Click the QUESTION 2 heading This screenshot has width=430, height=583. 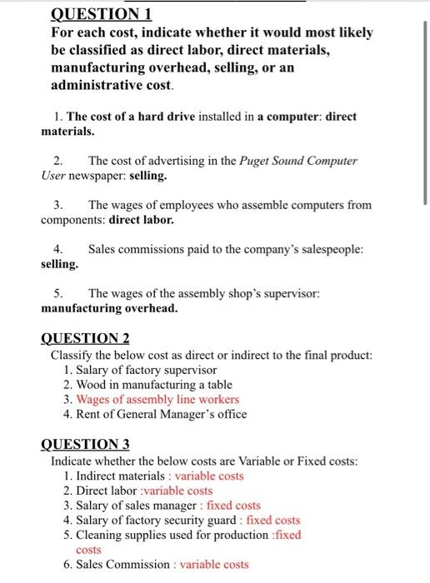pos(85,338)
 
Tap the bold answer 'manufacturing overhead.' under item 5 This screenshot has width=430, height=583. pos(109,308)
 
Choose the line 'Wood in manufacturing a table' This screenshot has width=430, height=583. pos(151,384)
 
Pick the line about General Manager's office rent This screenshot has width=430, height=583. pos(157,414)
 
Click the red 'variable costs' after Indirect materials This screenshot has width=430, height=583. pos(209,476)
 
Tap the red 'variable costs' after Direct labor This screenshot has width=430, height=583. pos(177,491)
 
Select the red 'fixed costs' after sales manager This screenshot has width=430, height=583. pos(233,506)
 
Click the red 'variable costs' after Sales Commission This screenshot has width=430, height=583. pos(214,565)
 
